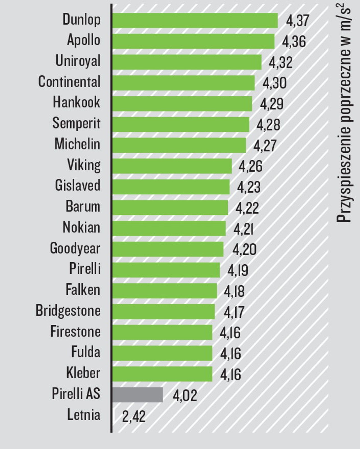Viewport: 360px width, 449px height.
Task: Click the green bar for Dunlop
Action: coord(195,20)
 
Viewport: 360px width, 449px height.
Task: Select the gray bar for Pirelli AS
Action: coord(138,395)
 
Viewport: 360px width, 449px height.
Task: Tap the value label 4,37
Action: coord(297,21)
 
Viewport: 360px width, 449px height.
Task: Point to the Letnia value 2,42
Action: coord(134,416)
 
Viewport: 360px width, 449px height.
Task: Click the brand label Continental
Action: coord(69,82)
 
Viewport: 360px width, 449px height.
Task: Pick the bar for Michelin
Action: coord(179,145)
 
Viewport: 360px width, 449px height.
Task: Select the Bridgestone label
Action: coord(68,311)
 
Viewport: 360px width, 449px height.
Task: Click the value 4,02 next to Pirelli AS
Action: coord(185,395)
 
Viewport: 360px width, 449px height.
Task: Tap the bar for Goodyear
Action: coord(168,249)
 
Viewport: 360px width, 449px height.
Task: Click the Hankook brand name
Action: coord(76,102)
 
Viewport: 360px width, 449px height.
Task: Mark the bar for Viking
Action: coord(172,166)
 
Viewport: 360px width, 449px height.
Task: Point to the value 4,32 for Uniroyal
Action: coord(281,62)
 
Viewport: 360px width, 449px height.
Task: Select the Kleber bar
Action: coord(162,374)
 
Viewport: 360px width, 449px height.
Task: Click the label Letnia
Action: coord(84,415)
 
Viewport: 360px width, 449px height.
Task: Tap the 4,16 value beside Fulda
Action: coord(230,354)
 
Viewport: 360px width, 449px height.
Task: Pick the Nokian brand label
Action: coord(81,227)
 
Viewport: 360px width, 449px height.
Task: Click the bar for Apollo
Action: coord(193,41)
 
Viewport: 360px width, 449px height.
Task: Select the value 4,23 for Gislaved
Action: coord(249,187)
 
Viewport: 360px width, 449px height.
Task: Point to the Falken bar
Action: coord(165,291)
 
